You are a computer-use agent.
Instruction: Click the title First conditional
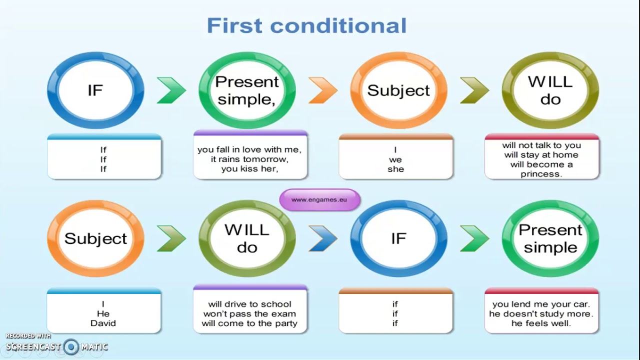(306, 25)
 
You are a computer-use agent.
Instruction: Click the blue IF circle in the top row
(95, 90)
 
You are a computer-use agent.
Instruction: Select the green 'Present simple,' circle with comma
(247, 90)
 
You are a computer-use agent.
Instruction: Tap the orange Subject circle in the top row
(398, 90)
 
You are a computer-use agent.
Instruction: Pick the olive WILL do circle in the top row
(550, 90)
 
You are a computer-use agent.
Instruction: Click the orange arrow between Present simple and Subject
(323, 90)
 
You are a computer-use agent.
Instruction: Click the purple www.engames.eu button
(319, 199)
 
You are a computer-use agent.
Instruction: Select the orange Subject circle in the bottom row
(95, 238)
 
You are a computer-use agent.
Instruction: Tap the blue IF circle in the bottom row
(398, 238)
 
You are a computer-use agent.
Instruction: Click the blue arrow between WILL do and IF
(323, 238)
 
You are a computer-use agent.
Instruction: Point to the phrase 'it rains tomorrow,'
(250, 159)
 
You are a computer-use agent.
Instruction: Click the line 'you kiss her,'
(250, 169)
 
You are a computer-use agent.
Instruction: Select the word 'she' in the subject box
(395, 169)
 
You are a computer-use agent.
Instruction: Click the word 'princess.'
(541, 174)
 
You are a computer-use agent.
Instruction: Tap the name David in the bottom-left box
(103, 323)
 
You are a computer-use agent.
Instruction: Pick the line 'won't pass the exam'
(250, 313)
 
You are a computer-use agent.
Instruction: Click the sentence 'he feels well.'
(541, 323)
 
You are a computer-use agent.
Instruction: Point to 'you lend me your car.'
(541, 304)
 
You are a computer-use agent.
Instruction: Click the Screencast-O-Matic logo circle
(71, 346)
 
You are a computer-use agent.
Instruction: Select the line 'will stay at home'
(541, 155)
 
